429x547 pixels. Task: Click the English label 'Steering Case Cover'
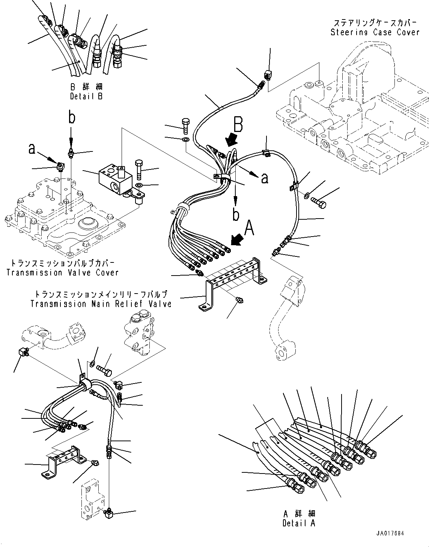coord(375,32)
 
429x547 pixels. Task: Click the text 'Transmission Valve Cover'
coord(62,273)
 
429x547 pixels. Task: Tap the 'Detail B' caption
coord(86,96)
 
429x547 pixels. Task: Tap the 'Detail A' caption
coord(299,523)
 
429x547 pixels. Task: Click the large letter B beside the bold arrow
coord(238,124)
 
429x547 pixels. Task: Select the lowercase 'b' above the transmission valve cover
coord(71,117)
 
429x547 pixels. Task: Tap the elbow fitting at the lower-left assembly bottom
coord(109,513)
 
